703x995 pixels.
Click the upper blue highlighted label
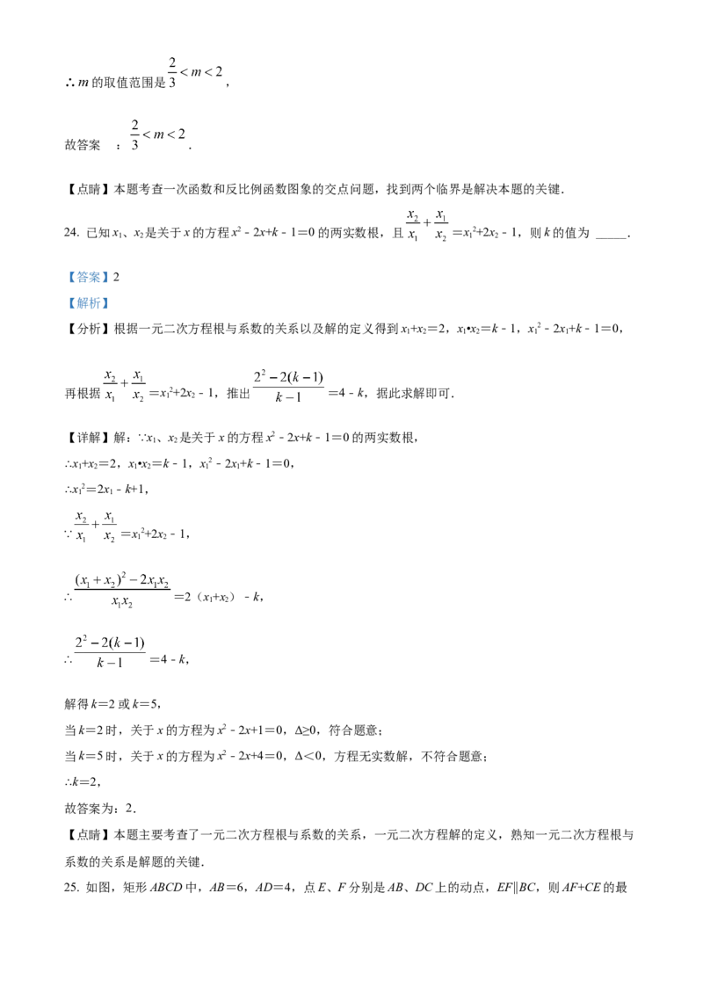coord(88,278)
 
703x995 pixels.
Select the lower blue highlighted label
coord(88,302)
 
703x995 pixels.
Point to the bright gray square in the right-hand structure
coord(431,229)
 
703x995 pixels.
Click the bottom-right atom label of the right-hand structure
coord(446,237)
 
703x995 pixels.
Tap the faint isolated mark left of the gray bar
coord(85,86)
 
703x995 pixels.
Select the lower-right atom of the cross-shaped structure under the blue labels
coord(143,400)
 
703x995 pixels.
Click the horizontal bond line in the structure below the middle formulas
coord(97,523)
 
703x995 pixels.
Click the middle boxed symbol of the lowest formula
coord(105,642)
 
